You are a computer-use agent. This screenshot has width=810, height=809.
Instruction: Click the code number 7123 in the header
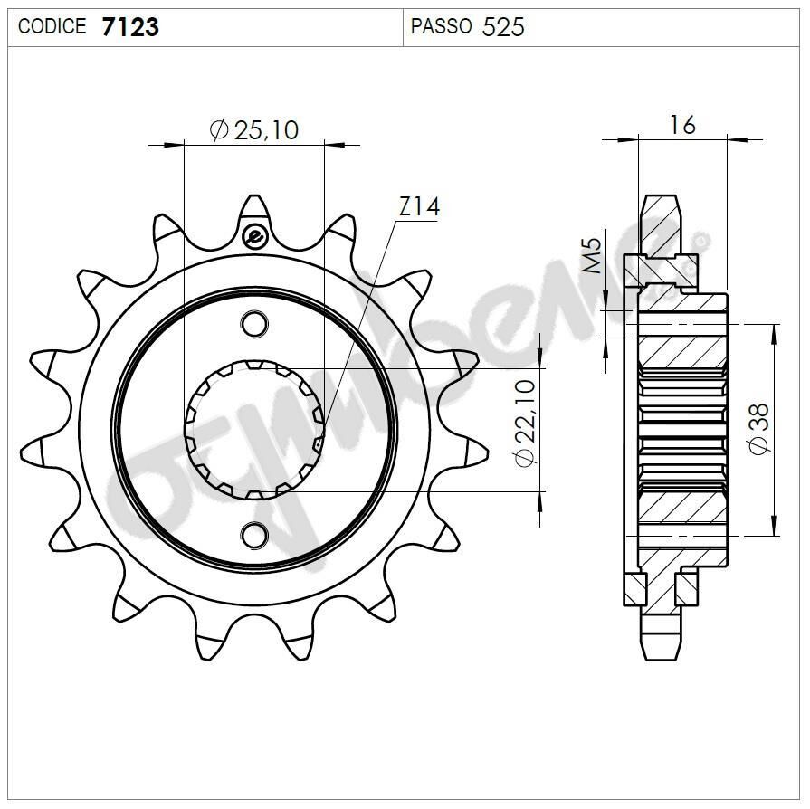point(130,27)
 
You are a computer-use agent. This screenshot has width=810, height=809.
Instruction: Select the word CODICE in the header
point(52,27)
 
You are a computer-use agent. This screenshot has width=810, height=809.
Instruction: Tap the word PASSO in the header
point(441,27)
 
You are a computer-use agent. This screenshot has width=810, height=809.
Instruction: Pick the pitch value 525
point(503,27)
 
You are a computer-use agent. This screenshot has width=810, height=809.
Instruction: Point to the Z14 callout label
point(418,207)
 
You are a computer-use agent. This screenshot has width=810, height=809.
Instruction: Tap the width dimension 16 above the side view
point(682,125)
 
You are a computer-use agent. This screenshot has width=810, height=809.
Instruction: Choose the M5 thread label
point(591,256)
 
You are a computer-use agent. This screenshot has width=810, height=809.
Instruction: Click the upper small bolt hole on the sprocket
point(254,323)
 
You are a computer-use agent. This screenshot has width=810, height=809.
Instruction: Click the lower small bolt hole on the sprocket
point(254,536)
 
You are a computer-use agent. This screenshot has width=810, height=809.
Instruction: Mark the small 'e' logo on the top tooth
point(254,238)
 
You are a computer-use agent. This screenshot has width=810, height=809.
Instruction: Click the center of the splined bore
point(254,430)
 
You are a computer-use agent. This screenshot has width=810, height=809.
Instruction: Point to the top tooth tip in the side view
point(660,201)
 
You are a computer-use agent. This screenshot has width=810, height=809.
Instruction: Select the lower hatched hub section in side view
point(682,508)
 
